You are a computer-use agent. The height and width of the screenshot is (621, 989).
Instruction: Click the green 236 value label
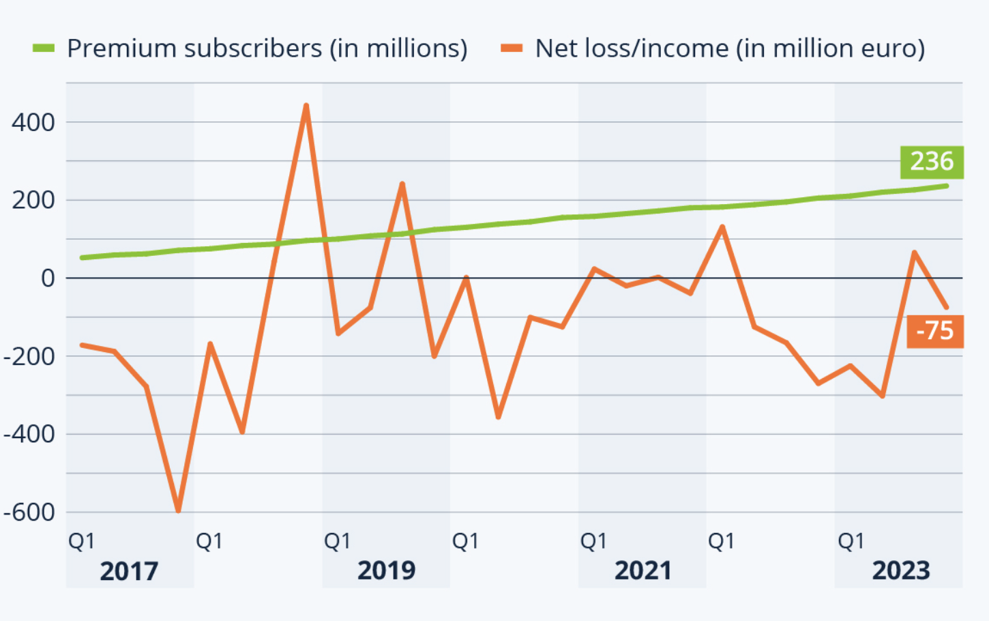(932, 162)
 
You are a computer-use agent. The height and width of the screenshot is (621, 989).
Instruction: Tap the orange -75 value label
(934, 331)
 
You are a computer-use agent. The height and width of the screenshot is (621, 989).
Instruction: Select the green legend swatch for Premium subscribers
(44, 48)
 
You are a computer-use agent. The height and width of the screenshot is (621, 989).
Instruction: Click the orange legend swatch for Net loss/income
(512, 48)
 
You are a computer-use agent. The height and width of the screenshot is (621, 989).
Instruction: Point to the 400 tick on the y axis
(33, 123)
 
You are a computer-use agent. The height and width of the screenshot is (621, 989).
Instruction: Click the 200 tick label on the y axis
(33, 201)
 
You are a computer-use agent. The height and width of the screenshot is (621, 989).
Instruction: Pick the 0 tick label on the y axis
(48, 278)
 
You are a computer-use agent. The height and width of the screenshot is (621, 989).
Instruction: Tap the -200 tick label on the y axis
(29, 356)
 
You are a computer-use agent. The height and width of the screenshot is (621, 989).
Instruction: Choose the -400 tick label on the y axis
(29, 434)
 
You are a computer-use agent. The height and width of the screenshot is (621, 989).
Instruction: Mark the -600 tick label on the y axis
(29, 512)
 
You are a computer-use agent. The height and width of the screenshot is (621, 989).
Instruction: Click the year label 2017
(129, 571)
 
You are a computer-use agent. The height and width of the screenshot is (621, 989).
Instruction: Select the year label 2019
(386, 571)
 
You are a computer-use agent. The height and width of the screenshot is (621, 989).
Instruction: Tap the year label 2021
(643, 571)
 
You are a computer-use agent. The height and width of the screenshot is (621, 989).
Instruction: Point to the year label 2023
(900, 571)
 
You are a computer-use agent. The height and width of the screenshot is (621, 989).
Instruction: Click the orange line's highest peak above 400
(306, 106)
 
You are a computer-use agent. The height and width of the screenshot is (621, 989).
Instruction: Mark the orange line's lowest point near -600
(178, 510)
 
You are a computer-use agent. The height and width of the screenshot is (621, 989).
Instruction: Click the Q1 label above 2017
(82, 541)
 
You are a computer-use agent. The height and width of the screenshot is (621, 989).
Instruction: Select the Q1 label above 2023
(851, 541)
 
